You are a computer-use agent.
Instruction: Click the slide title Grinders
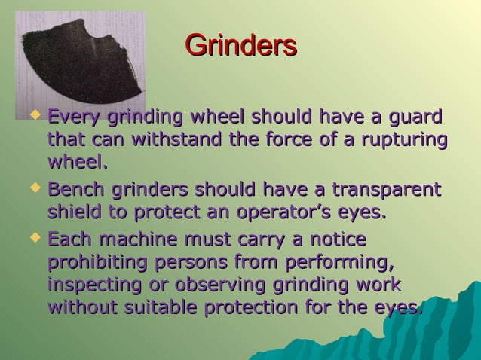click(240, 45)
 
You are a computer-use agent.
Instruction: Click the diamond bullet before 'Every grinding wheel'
click(33, 117)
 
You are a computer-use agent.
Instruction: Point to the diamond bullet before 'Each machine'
click(33, 239)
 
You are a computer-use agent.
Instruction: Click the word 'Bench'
click(76, 188)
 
